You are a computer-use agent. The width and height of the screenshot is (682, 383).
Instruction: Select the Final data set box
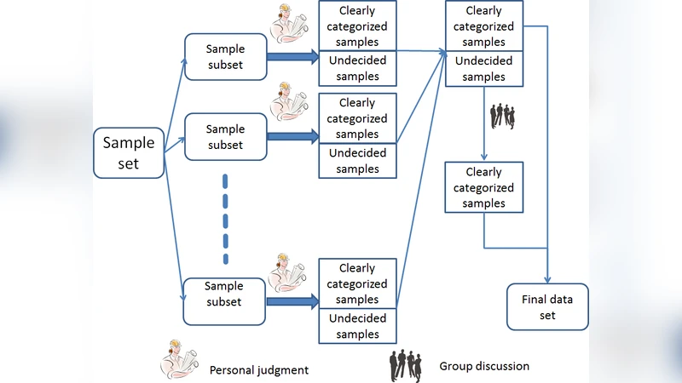click(547, 306)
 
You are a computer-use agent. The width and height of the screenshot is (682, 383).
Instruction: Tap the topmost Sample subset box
click(225, 57)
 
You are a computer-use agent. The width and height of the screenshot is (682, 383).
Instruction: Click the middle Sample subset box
click(225, 136)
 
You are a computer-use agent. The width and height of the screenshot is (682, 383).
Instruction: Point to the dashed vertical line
click(225, 219)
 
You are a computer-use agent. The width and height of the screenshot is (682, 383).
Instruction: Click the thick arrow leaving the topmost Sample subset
click(292, 57)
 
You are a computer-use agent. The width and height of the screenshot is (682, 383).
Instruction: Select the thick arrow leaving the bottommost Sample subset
click(292, 300)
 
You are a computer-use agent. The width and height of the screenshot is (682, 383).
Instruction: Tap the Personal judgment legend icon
click(179, 361)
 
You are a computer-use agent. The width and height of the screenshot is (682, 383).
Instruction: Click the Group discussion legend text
click(484, 366)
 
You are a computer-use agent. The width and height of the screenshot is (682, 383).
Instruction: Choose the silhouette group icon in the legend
click(407, 365)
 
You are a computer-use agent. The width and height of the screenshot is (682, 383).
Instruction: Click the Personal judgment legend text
click(259, 369)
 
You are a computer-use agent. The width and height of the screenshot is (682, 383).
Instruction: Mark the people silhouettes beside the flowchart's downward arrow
click(503, 116)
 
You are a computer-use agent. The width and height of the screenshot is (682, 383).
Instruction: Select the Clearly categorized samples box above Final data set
click(484, 187)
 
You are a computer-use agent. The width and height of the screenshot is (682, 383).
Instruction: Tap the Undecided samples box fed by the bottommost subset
click(357, 326)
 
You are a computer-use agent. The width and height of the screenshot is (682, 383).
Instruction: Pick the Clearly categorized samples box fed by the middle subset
click(357, 118)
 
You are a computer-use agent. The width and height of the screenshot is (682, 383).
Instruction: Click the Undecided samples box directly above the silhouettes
click(484, 69)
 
